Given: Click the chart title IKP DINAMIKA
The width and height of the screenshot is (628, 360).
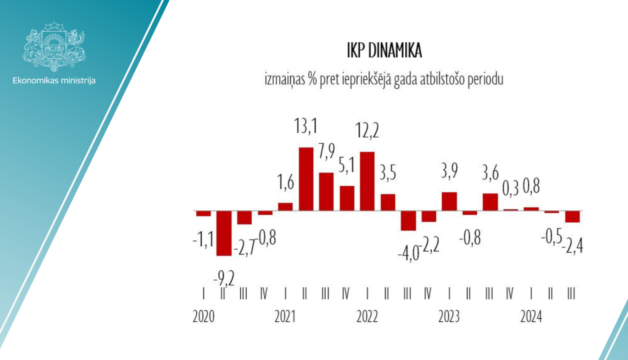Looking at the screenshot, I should click(x=384, y=51).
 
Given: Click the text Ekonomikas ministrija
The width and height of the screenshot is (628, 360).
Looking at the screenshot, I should click(x=54, y=80).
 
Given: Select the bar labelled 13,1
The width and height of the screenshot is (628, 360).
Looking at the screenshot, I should click(x=306, y=179).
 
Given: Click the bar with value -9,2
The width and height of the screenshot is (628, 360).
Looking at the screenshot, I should click(x=224, y=233).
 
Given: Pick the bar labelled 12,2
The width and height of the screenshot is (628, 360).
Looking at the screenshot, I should click(x=367, y=181).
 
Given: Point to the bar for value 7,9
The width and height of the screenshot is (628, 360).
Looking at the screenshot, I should click(x=327, y=191).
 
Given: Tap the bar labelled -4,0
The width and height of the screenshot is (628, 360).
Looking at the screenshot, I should click(x=408, y=221).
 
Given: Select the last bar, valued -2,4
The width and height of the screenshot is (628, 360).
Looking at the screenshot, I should click(x=572, y=216).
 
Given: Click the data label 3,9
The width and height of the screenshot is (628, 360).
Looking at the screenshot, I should click(x=449, y=171).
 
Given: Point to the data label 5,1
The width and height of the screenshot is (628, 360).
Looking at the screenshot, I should click(x=347, y=165).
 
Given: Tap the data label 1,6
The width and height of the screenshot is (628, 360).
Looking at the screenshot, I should click(x=286, y=183).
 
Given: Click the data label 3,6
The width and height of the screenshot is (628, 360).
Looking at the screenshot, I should click(x=490, y=172).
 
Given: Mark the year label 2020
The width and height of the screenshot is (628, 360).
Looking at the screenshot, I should click(x=203, y=316).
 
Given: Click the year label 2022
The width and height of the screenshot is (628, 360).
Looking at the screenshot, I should click(x=367, y=316).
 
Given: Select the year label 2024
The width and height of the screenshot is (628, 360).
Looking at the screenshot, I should click(x=531, y=316).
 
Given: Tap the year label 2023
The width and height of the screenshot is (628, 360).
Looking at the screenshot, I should click(x=449, y=316).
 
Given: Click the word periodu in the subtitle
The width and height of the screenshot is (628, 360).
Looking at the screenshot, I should click(x=485, y=79).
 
